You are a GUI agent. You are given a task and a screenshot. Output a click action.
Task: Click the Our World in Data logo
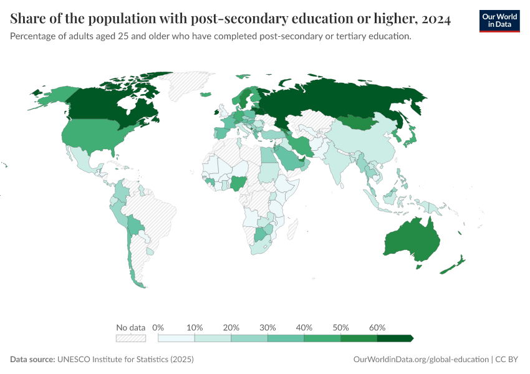tap(499, 21)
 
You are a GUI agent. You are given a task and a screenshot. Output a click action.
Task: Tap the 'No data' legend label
tap(131, 327)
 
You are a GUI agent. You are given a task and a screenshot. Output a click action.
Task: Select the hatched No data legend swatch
tap(131, 338)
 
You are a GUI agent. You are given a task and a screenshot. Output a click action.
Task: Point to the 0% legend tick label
tap(158, 327)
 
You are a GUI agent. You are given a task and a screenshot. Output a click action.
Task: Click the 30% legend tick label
tap(267, 327)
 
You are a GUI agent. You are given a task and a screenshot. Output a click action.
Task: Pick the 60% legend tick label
tap(377, 327)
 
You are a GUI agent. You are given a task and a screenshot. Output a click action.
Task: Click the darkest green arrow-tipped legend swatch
tap(394, 338)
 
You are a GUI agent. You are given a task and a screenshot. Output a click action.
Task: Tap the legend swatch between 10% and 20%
tap(213, 338)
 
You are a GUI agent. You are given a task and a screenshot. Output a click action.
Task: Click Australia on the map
tap(412, 240)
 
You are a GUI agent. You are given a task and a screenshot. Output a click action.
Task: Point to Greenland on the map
tap(187, 84)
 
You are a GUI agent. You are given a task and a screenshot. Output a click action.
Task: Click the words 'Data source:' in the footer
tap(32, 360)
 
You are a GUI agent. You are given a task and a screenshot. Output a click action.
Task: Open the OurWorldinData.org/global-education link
tap(420, 360)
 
